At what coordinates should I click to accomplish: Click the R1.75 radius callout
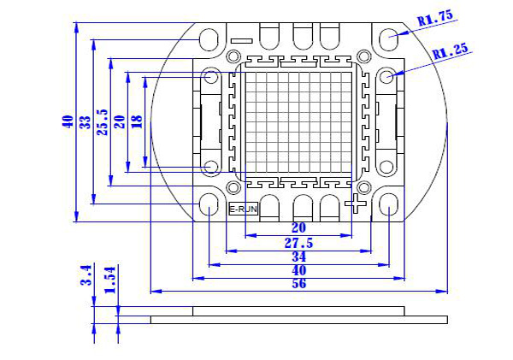click(433, 17)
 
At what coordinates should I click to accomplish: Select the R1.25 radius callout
click(451, 51)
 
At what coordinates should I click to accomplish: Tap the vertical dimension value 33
click(84, 122)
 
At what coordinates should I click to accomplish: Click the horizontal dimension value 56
click(299, 284)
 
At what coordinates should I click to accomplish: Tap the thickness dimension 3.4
click(85, 274)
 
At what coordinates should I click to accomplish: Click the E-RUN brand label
click(242, 209)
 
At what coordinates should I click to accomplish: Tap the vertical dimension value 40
click(67, 122)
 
